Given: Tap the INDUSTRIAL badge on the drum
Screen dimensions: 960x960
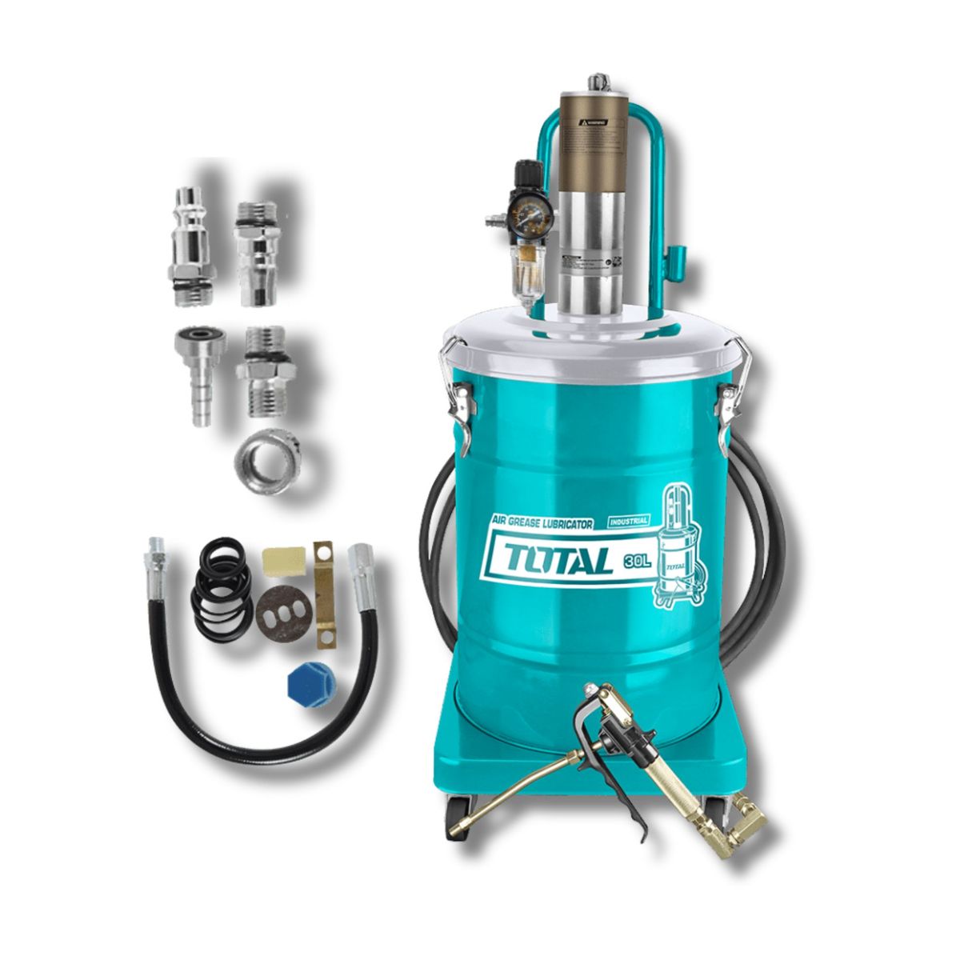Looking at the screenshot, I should [x=627, y=521].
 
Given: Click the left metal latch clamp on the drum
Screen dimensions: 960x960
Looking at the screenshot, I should [x=458, y=392].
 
